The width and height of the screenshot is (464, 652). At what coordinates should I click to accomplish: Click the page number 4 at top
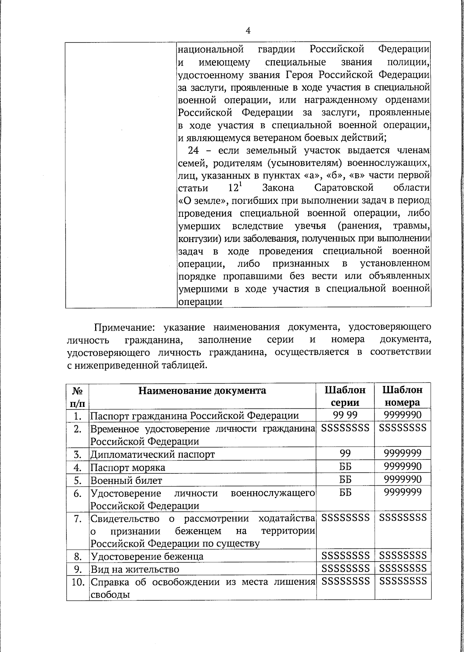coord(248,31)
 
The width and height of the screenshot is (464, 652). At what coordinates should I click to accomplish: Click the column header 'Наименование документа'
coord(202,390)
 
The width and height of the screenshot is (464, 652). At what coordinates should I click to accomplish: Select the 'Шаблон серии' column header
coord(345,396)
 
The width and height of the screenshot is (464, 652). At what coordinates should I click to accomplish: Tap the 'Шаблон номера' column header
coord(402,396)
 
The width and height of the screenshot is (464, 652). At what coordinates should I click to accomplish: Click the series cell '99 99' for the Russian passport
coord(345,415)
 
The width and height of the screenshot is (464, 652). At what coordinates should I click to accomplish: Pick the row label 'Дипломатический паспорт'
coord(152,454)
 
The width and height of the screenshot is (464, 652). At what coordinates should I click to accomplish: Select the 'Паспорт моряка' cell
coord(128,468)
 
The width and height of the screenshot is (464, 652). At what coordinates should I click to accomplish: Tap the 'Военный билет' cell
coord(126,481)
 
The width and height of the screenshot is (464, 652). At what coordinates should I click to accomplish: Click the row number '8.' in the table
coord(78,556)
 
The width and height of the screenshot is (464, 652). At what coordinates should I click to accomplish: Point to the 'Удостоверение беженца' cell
coord(147,556)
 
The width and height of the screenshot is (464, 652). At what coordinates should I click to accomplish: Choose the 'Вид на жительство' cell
coord(135,570)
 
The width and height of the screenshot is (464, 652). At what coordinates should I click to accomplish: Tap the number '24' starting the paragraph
coord(193,150)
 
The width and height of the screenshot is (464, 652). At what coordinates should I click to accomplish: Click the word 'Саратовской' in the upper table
coord(344,188)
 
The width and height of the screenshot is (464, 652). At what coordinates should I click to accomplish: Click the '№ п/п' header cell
coord(78,396)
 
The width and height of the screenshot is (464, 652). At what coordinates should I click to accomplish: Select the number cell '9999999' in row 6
coord(402,493)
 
